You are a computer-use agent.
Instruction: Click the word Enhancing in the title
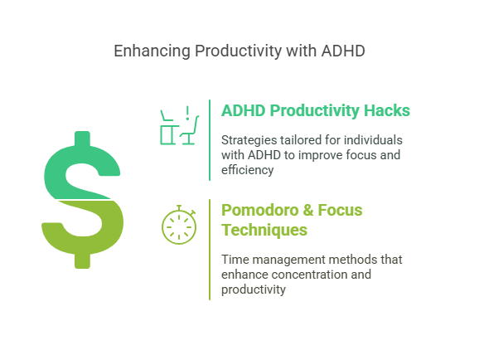tap(152, 51)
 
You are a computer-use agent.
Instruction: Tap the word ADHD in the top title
tap(343, 51)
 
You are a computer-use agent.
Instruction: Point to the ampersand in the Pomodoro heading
tap(308, 210)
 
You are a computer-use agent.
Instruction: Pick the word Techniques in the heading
tap(264, 230)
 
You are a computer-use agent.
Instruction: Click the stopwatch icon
tap(179, 225)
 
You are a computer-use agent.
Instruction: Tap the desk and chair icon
tap(180, 125)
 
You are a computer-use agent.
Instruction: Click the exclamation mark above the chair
tap(187, 113)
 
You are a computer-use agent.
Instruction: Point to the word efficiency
tap(248, 170)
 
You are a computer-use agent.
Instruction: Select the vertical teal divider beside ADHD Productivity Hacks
tap(210, 140)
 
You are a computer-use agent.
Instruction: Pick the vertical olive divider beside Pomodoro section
tap(210, 250)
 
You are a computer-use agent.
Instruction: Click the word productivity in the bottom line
tap(254, 289)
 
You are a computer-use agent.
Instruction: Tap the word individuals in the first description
tap(373, 140)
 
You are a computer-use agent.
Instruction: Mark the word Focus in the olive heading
tap(340, 210)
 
